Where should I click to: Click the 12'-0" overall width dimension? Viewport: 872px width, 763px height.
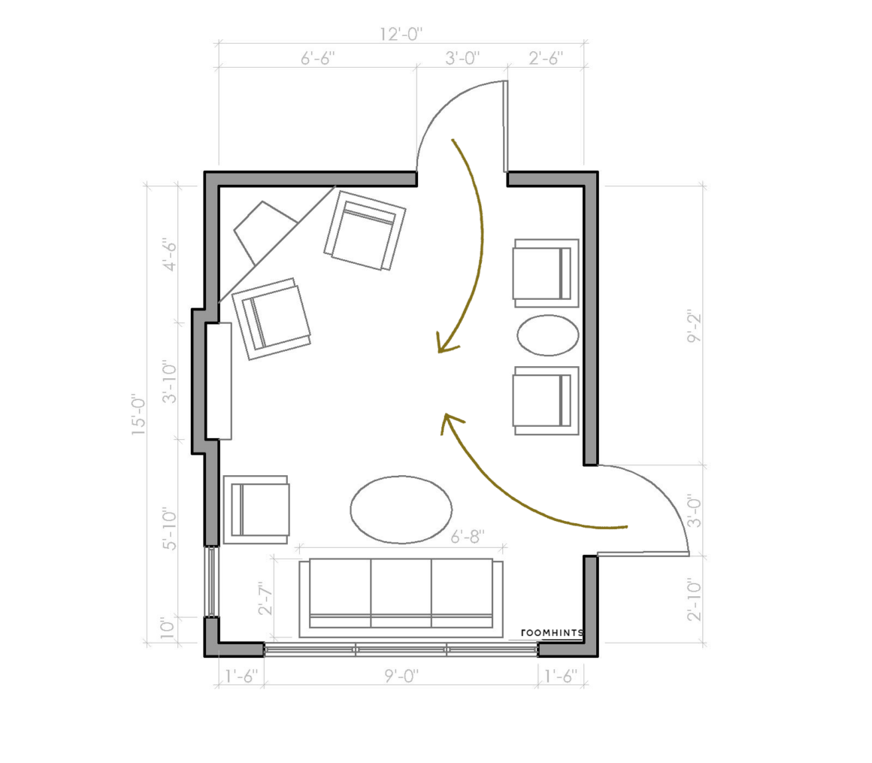[x=401, y=35]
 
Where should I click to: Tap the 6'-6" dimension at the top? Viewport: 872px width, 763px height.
[x=317, y=58]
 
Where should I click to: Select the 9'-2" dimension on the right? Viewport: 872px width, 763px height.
[x=695, y=327]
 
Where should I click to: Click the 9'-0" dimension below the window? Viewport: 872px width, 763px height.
[x=401, y=677]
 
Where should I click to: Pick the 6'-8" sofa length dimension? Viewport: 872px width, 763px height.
[x=467, y=537]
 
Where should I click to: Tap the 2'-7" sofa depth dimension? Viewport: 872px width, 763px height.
[x=266, y=598]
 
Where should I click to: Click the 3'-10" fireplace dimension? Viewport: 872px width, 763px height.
[x=169, y=383]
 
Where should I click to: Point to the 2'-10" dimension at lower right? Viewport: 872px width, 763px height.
[x=695, y=600]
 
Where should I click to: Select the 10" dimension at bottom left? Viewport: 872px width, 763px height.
[x=168, y=627]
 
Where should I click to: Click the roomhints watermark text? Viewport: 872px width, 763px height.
[x=553, y=633]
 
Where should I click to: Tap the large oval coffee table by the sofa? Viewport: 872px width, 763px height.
[x=401, y=509]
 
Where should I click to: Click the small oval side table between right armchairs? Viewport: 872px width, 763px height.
[x=548, y=335]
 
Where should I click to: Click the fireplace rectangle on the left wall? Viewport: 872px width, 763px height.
[x=219, y=381]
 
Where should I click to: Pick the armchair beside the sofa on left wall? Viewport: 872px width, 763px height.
[x=256, y=510]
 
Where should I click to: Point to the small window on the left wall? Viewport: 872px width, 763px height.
[x=211, y=582]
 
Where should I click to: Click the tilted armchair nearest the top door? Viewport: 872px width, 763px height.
[x=365, y=230]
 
